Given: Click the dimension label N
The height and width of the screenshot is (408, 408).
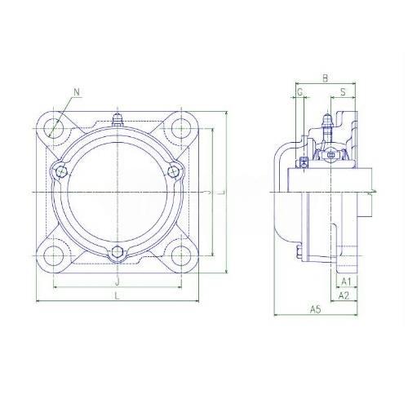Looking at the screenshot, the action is pyautogui.click(x=77, y=92).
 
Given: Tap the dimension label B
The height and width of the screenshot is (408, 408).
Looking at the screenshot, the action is pyautogui.click(x=325, y=78).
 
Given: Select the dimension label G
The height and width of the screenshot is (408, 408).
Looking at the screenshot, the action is pyautogui.click(x=299, y=92).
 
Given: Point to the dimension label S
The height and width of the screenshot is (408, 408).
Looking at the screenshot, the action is pyautogui.click(x=343, y=92).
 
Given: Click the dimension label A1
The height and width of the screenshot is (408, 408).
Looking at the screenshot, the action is pyautogui.click(x=346, y=282).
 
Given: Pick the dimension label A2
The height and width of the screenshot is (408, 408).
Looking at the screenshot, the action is pyautogui.click(x=344, y=295).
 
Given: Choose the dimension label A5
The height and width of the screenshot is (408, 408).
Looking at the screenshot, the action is pyautogui.click(x=316, y=309).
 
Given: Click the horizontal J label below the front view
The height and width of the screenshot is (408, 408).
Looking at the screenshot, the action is pyautogui.click(x=118, y=282).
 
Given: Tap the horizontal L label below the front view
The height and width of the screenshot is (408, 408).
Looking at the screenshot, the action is pyautogui.click(x=117, y=295).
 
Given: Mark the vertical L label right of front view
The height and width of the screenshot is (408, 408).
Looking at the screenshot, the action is pyautogui.click(x=223, y=193).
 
